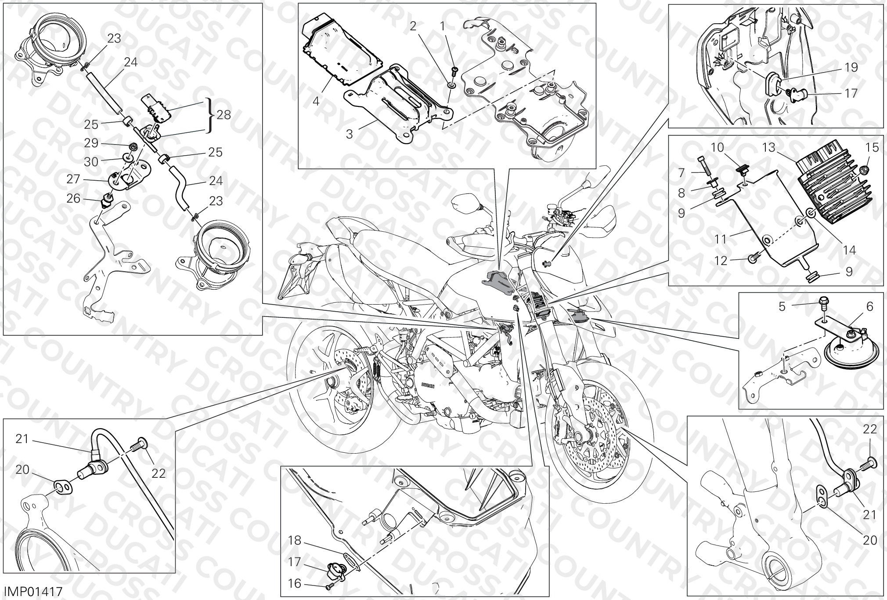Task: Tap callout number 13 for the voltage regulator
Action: click(x=769, y=148)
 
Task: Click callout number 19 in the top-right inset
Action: click(x=851, y=67)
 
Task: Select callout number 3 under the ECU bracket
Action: click(x=349, y=134)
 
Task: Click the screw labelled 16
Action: click(x=329, y=586)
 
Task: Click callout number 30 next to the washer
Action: click(x=91, y=162)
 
